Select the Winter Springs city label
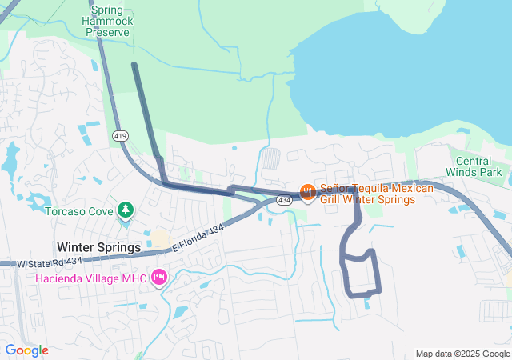(x=98, y=247)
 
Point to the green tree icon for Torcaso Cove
(x=125, y=210)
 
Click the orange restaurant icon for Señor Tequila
(x=307, y=191)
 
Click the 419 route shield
(x=121, y=137)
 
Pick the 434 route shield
(x=285, y=199)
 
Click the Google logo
(x=26, y=350)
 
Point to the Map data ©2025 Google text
(x=462, y=354)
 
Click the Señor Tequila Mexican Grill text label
(x=376, y=194)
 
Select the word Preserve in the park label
(x=107, y=32)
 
